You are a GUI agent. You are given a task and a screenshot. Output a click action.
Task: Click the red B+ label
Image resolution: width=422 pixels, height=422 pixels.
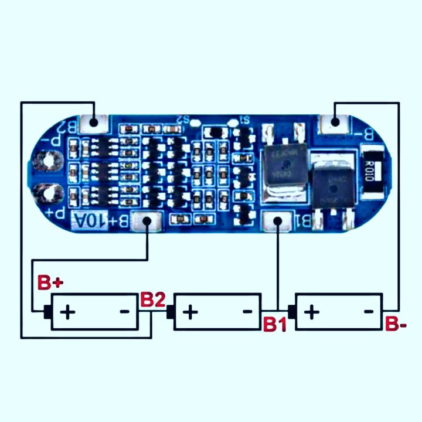50,282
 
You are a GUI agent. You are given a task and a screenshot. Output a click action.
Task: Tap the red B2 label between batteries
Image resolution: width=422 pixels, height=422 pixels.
152,300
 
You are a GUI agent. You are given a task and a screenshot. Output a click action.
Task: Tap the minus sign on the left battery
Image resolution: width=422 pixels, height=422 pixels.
124,312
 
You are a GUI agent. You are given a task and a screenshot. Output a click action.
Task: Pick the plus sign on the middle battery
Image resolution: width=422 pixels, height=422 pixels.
190,312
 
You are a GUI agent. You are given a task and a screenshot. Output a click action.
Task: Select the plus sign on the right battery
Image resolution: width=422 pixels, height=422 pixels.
312,312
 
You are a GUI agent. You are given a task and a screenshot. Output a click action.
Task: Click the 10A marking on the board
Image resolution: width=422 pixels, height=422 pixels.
89,222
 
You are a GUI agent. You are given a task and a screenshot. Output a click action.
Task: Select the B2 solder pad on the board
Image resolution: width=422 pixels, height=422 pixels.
92,123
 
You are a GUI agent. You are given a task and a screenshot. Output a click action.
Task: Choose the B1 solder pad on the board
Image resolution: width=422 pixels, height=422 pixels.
277,222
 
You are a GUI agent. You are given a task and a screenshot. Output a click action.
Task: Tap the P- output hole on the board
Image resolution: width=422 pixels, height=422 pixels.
47,159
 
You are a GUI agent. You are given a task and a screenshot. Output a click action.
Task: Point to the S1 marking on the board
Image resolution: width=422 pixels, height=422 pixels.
244,119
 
